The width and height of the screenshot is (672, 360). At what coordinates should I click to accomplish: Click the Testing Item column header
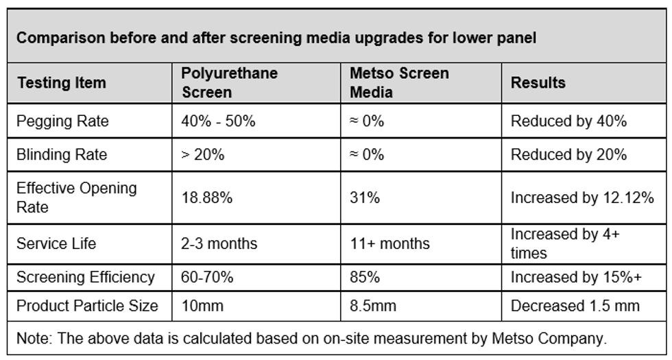(61, 82)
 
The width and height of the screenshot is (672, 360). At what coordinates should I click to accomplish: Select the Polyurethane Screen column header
(229, 82)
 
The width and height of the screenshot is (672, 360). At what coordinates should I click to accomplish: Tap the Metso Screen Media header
(399, 82)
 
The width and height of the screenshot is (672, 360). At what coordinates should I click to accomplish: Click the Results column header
(538, 82)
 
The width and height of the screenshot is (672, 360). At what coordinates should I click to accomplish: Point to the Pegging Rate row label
(62, 121)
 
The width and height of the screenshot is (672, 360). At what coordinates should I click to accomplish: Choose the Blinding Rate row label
(62, 154)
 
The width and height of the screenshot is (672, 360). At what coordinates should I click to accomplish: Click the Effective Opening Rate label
(77, 197)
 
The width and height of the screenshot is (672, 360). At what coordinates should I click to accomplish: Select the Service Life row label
(56, 243)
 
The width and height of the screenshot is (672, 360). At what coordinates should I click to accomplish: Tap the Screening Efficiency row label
(85, 277)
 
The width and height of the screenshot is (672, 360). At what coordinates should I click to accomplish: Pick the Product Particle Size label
(87, 306)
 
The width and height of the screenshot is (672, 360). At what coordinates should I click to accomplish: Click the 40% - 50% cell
(218, 121)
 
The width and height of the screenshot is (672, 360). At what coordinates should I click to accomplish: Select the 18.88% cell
(207, 197)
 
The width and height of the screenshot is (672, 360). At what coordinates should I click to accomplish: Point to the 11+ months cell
(390, 243)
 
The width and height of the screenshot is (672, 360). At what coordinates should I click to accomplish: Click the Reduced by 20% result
(568, 154)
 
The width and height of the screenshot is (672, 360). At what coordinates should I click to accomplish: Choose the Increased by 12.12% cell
(582, 197)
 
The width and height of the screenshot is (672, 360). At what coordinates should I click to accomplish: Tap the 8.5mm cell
(373, 306)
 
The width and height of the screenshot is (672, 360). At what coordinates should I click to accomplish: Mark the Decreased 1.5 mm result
(575, 306)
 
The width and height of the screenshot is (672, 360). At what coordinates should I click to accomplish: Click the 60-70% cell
(207, 277)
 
